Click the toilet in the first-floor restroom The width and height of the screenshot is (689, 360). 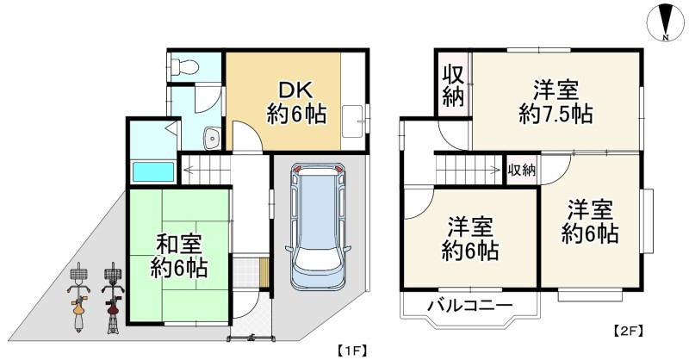[x=183, y=66]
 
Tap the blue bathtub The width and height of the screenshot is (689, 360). [x=153, y=171]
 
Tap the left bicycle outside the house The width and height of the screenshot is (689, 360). [x=78, y=293]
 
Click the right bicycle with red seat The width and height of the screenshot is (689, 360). [x=112, y=293]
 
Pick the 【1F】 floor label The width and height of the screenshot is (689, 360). [x=349, y=350]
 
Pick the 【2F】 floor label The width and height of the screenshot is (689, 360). [x=627, y=330]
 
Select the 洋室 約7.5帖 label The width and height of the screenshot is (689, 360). [x=555, y=100]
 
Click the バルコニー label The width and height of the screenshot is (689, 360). [x=470, y=307]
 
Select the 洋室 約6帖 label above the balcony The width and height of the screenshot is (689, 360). [x=469, y=239]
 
